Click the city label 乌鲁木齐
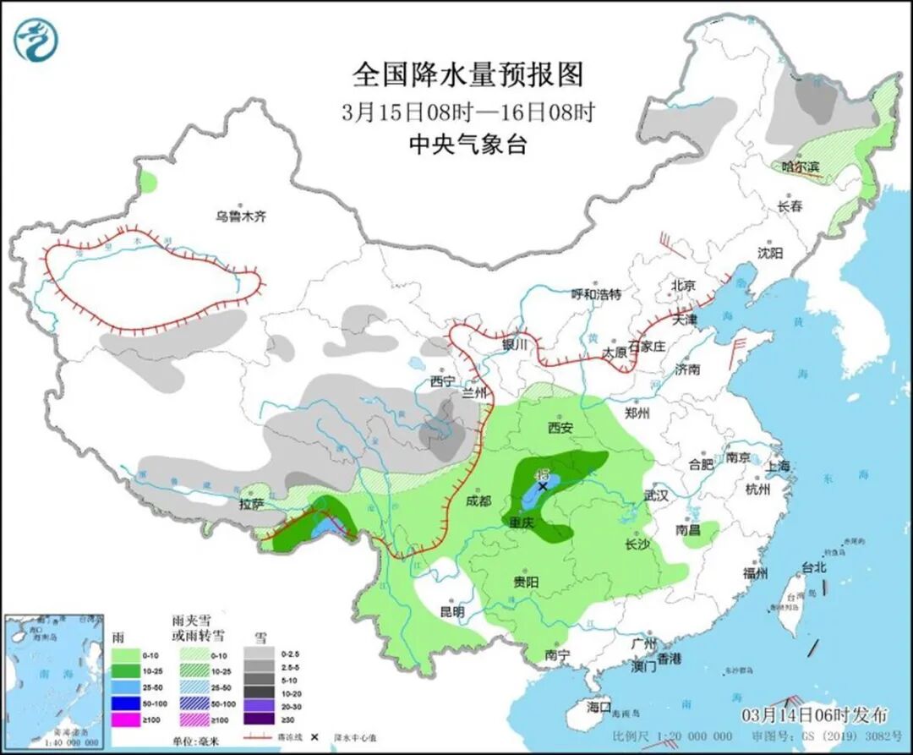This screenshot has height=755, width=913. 240,216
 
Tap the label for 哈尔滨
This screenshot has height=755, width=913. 801,167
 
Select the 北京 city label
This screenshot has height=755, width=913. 683,286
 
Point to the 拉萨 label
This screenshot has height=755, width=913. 252,505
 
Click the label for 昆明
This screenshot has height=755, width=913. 452,611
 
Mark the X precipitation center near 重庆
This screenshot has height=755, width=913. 543,486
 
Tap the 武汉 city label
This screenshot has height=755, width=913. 655,495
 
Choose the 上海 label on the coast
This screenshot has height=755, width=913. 777,466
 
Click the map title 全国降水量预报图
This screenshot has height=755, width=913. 468,75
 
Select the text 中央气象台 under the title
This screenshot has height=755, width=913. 467,145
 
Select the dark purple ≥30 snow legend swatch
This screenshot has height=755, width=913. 262,719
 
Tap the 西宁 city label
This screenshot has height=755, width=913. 442,381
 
